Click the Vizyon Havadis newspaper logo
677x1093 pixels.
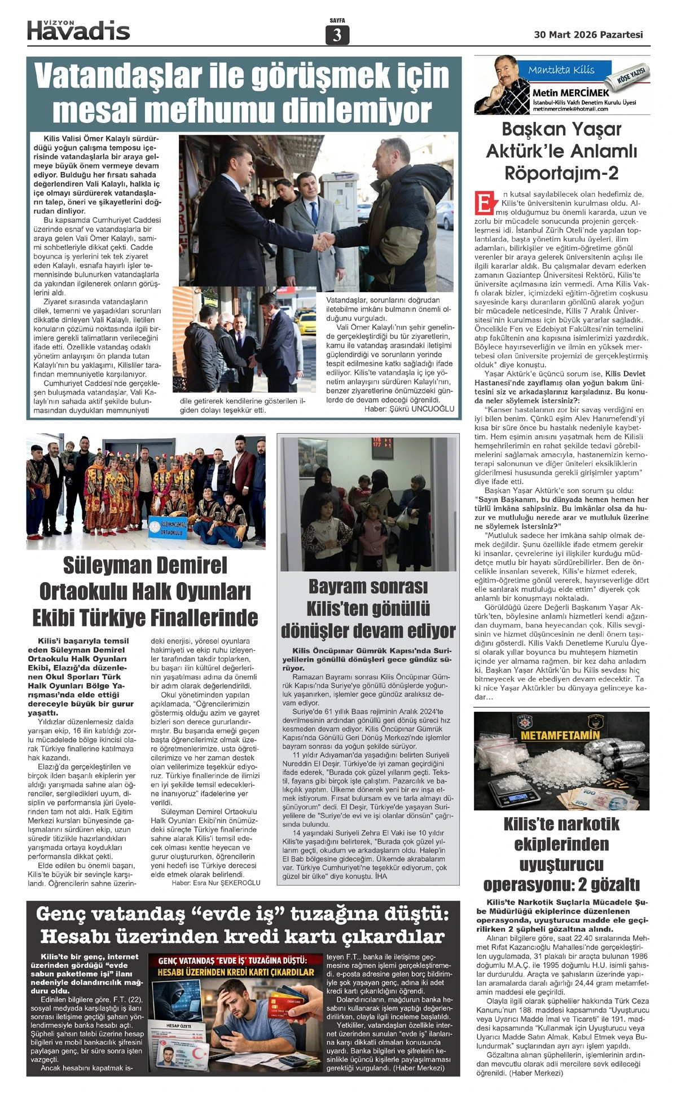coord(78,31)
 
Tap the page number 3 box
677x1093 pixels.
coord(337,36)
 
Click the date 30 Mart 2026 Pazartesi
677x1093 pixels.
coord(588,35)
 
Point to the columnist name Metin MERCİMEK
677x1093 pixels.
coord(570,92)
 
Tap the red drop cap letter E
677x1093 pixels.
coord(484,204)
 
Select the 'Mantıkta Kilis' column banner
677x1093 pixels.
coord(561,70)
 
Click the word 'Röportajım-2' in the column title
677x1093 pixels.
coord(561,173)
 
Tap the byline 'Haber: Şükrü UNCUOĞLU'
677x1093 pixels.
coord(409,409)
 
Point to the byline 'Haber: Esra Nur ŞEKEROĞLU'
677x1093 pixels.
coord(216,883)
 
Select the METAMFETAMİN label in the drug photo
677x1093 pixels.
coord(560,735)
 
